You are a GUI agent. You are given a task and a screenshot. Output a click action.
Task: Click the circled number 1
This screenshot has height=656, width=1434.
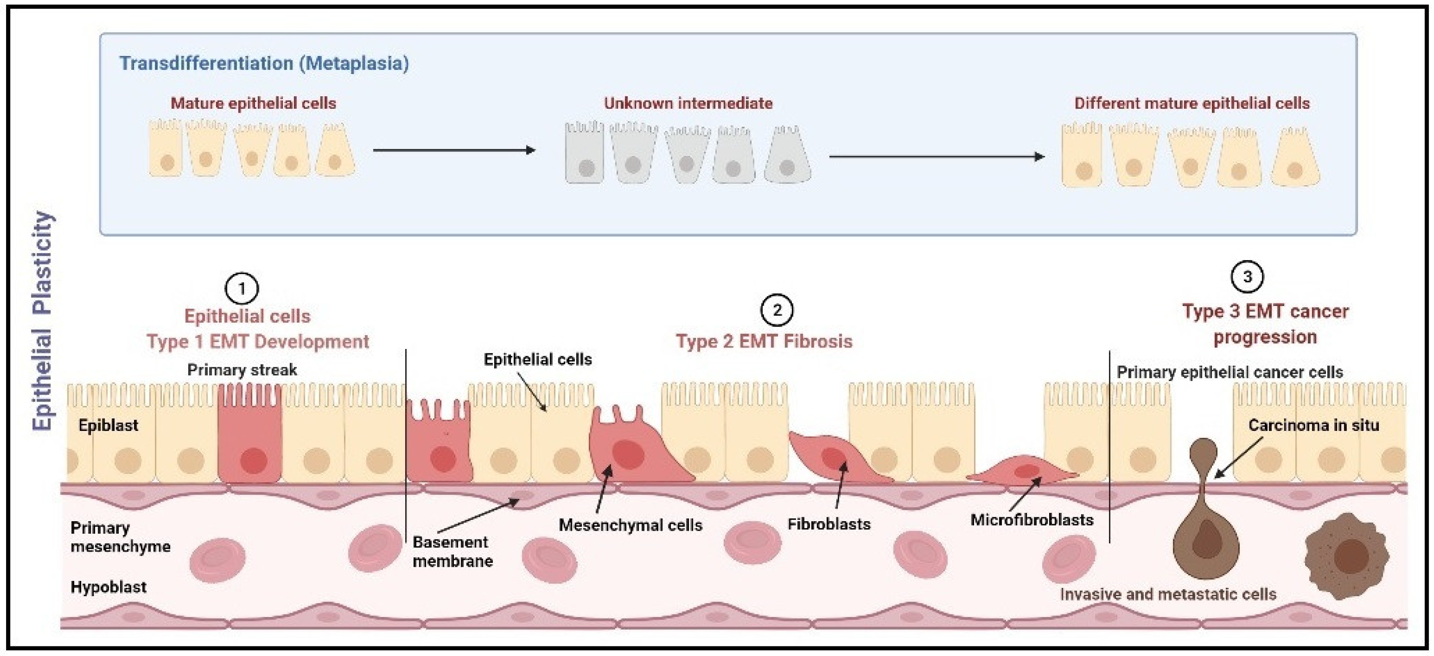(x=242, y=288)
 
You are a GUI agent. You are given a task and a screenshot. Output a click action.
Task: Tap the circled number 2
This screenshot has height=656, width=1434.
(x=777, y=310)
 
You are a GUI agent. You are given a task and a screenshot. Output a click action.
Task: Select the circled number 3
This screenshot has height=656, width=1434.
(x=1247, y=277)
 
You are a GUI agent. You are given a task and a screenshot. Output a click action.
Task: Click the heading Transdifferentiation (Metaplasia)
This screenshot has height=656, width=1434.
(x=264, y=63)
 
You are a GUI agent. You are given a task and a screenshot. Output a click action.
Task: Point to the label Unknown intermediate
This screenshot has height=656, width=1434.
(x=688, y=104)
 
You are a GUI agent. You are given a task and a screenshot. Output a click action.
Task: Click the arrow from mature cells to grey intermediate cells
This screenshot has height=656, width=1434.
(x=454, y=150)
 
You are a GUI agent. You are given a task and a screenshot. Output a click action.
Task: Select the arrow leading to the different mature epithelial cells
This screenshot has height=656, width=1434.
(x=936, y=157)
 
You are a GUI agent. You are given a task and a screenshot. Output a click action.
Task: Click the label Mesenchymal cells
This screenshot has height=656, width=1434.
(x=630, y=525)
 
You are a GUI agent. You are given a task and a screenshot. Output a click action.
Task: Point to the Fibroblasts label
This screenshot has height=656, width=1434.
(x=829, y=524)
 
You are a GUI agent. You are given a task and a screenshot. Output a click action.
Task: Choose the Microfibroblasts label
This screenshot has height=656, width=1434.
(x=1031, y=520)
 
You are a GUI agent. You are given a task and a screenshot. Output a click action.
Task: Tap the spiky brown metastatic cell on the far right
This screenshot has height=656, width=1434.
(x=1346, y=556)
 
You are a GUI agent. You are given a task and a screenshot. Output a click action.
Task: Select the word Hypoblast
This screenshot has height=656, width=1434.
(x=108, y=587)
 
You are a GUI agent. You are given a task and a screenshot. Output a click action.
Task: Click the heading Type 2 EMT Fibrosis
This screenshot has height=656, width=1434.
(x=764, y=341)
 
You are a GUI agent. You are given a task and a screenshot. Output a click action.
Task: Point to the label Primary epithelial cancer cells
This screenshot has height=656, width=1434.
(x=1230, y=372)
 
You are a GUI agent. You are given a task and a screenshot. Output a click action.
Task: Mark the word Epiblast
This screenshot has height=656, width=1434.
(x=108, y=426)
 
